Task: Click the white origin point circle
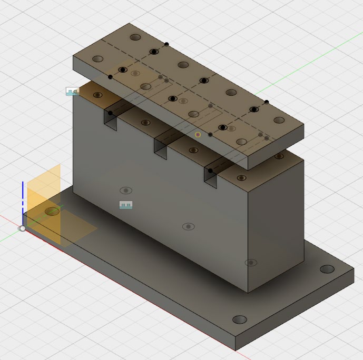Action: tap(22, 228)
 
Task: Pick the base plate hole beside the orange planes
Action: tap(52, 212)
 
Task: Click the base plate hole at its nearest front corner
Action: tap(240, 319)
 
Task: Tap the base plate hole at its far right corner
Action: tap(327, 269)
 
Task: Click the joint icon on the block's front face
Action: tap(125, 205)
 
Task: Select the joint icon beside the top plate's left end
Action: tap(72, 92)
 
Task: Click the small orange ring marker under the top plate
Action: tap(198, 135)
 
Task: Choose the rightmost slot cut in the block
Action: tap(211, 177)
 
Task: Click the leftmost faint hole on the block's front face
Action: tap(125, 191)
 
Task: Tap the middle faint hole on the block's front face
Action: tap(188, 227)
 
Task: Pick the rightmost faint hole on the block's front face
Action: tap(251, 263)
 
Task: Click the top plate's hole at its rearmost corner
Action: tap(136, 38)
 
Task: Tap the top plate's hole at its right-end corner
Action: tap(279, 120)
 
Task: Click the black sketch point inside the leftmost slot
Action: tap(110, 113)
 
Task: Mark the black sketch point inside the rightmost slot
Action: tap(210, 171)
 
